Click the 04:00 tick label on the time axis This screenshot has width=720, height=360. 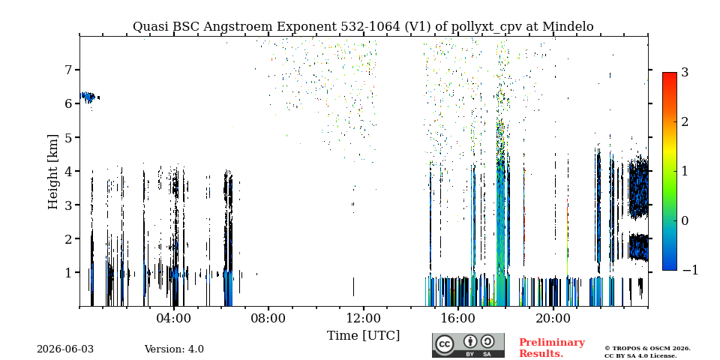click(174, 318)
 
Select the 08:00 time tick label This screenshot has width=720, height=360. click(268, 318)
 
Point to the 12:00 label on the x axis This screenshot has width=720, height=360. click(364, 318)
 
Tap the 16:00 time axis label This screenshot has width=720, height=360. click(458, 318)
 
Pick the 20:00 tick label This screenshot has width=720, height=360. click(553, 318)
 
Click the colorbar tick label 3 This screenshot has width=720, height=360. click(685, 72)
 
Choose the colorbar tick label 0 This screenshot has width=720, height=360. click(685, 220)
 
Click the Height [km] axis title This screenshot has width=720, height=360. click(53, 172)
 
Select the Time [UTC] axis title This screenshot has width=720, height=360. click(363, 336)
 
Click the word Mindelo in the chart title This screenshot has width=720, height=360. click(568, 27)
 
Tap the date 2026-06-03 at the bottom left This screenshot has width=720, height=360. click(65, 349)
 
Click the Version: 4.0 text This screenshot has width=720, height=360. click(174, 349)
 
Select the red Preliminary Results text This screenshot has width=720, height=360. click(552, 347)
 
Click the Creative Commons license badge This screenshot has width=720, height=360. click(468, 345)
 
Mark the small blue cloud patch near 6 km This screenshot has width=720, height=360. click(89, 97)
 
